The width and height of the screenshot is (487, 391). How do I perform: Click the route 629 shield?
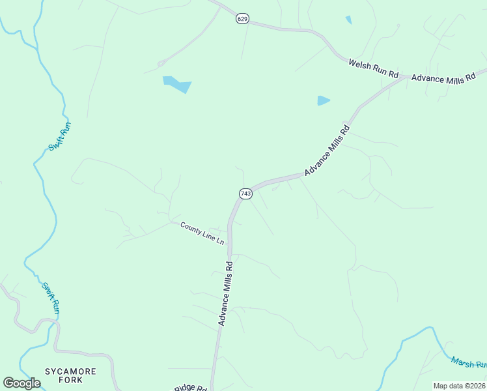click(x=242, y=19)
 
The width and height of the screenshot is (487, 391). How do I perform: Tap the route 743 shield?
click(x=245, y=194)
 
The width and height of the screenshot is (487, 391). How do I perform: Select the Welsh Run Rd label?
click(x=373, y=68)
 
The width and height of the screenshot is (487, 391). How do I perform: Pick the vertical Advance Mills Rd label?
click(x=225, y=293)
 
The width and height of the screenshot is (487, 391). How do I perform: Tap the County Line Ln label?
click(x=202, y=233)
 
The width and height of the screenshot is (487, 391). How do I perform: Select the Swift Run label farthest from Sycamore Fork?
click(x=59, y=136)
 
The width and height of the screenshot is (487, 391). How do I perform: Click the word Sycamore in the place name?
click(x=70, y=371)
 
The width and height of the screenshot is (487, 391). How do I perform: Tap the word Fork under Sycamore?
click(x=70, y=380)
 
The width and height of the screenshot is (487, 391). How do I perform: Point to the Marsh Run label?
click(x=468, y=362)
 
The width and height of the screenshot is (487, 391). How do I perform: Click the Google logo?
click(x=21, y=383)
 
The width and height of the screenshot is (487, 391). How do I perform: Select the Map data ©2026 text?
click(x=459, y=386)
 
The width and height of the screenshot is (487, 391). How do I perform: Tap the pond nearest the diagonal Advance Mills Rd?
click(x=323, y=100)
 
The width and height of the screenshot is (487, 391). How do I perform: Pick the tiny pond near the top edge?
click(x=348, y=20)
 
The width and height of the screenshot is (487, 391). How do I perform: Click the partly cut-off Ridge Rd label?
click(x=190, y=388)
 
